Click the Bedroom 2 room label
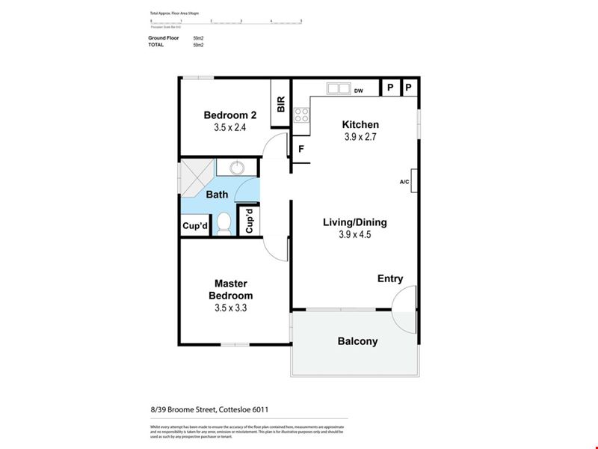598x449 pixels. (x=230, y=115)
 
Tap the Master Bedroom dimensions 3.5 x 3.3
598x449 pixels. (x=230, y=308)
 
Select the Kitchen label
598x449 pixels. (x=360, y=125)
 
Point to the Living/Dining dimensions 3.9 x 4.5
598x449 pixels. (x=354, y=234)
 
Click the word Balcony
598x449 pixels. (x=357, y=341)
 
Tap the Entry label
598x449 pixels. (x=389, y=278)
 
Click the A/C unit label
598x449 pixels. (x=404, y=182)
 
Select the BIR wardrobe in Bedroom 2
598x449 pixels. (x=281, y=104)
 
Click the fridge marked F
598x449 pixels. (x=300, y=149)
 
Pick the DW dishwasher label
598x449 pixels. (x=359, y=91)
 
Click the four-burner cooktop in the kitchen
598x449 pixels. (x=302, y=115)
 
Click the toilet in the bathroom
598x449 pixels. (x=224, y=222)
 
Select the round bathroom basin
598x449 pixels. (x=238, y=167)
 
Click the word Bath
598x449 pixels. (x=217, y=195)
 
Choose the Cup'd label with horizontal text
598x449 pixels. (x=195, y=226)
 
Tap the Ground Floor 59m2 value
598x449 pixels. (x=198, y=37)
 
